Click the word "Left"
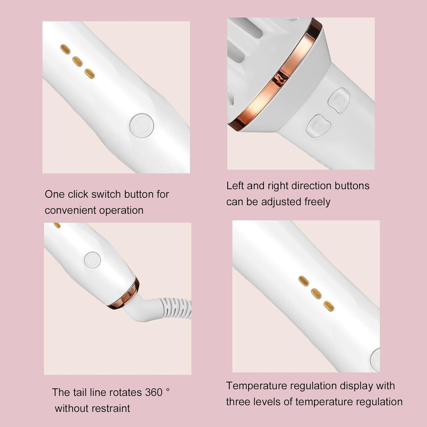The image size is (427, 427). [x=235, y=186]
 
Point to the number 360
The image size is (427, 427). [x=153, y=393]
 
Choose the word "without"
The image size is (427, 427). [x=71, y=408]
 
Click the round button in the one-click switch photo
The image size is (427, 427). [x=142, y=125]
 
